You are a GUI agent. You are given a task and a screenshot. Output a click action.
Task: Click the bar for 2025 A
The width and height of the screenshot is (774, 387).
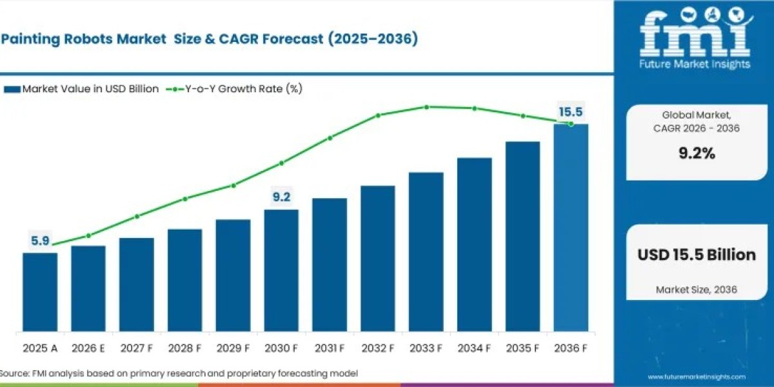40,292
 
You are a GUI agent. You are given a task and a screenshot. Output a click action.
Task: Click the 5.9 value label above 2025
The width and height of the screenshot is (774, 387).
41,241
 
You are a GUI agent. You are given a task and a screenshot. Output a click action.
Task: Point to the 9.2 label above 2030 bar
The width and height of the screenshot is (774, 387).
281,197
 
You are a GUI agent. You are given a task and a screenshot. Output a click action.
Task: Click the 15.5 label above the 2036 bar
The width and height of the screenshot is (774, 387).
571,112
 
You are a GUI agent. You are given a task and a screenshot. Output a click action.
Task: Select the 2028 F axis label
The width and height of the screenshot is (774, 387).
184,348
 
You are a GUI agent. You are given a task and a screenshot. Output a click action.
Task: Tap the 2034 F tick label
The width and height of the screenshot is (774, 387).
474,348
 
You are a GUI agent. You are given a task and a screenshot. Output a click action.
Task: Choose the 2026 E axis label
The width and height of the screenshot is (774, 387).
88,348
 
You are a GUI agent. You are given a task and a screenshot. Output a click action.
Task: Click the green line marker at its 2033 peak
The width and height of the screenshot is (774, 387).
426,107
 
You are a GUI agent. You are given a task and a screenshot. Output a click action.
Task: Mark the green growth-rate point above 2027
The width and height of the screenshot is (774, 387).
137,216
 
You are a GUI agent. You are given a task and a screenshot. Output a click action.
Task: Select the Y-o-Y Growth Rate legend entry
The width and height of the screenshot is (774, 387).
236,89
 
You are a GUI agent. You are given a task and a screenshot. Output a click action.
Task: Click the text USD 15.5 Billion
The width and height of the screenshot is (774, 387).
697,255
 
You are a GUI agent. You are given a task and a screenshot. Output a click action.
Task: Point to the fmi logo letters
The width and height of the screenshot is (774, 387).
695,35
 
